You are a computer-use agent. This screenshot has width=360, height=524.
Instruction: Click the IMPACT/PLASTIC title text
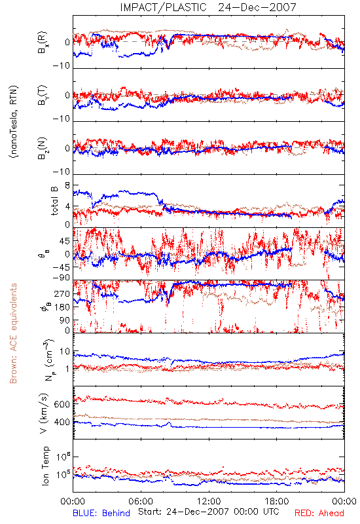pyautogui.click(x=163, y=7)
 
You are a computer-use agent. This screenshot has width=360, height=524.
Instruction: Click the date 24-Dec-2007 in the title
pyautogui.click(x=257, y=7)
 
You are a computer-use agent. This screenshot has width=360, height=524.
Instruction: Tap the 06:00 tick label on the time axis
pyautogui.click(x=141, y=501)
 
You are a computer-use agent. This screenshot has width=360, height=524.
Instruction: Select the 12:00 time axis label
pyautogui.click(x=209, y=501)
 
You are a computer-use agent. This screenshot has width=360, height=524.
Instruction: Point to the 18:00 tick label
pyautogui.click(x=276, y=501)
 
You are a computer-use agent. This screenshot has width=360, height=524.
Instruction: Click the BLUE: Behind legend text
pyautogui.click(x=101, y=513)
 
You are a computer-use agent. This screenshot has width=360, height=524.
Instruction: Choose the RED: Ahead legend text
pyautogui.click(x=319, y=513)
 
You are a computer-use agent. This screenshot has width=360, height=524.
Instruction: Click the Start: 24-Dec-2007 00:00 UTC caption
pyautogui.click(x=209, y=512)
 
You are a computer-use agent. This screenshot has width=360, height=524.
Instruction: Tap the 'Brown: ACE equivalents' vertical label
pyautogui.click(x=13, y=333)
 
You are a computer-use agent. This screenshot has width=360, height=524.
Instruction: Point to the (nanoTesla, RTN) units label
pyautogui.click(x=14, y=122)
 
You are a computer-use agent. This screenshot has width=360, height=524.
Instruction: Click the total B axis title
pyautogui.click(x=54, y=201)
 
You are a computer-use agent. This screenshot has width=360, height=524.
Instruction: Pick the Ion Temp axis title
pyautogui.click(x=45, y=466)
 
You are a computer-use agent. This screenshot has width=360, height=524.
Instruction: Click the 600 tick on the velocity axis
pyautogui.click(x=62, y=404)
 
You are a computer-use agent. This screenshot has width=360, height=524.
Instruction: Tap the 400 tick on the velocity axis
pyautogui.click(x=62, y=422)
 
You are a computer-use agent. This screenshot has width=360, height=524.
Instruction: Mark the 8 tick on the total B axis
pyautogui.click(x=67, y=185)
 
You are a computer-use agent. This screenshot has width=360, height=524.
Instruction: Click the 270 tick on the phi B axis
pyautogui.click(x=62, y=293)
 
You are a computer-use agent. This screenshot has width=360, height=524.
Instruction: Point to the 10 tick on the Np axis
pyautogui.click(x=65, y=352)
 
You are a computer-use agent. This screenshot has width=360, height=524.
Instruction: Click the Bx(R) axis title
pyautogui.click(x=43, y=43)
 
